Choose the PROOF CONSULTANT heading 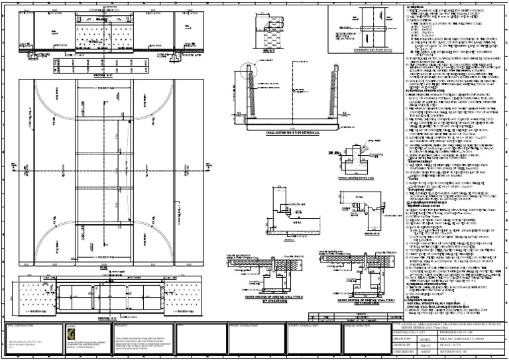(x=245, y=326)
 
